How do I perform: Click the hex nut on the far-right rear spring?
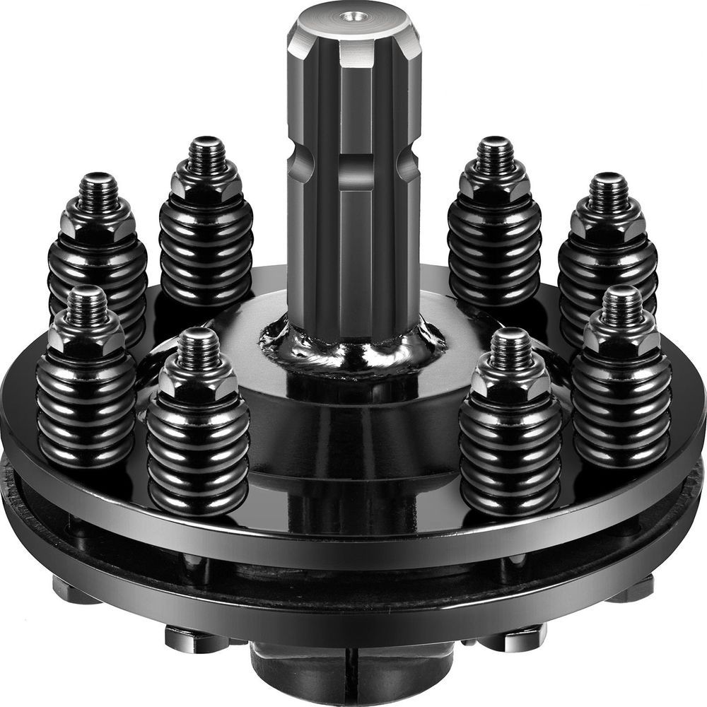tap(608, 218)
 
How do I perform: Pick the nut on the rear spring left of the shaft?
tap(206, 183)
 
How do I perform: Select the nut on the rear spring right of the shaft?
tap(495, 183)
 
